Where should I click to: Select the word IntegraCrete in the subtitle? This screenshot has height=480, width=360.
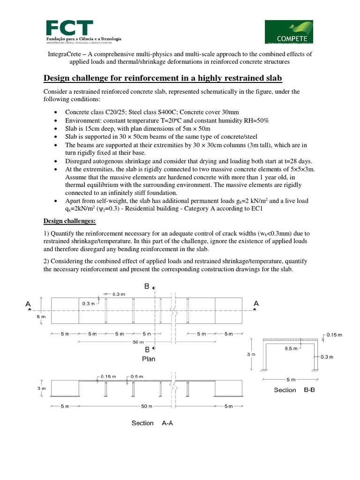[66, 54]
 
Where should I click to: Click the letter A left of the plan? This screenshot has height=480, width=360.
[29, 304]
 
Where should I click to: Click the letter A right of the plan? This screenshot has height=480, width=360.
[256, 304]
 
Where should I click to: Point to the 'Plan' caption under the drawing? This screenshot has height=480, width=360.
[149, 359]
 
